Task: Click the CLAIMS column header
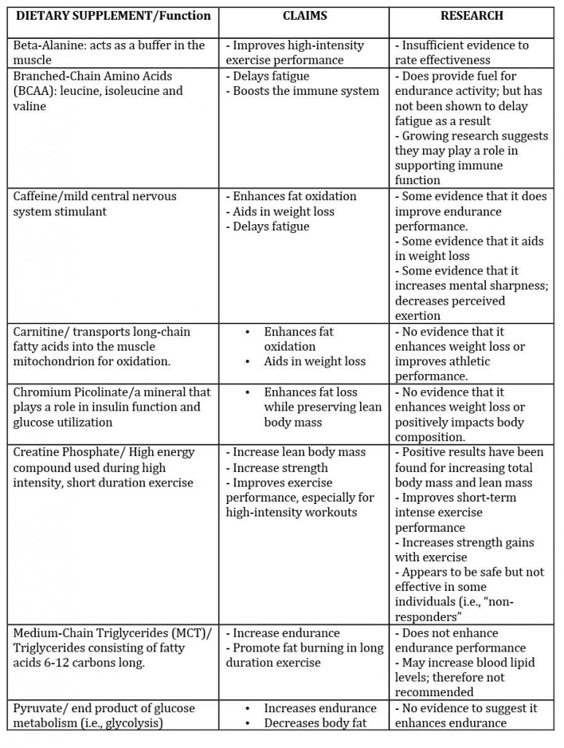pos(303,15)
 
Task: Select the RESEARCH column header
pos(471,15)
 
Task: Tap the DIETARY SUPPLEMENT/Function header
pos(113,15)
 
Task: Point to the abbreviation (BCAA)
pos(31,91)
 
